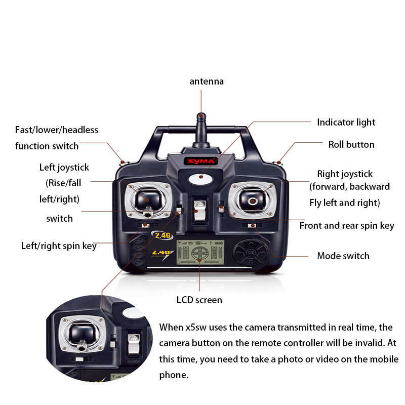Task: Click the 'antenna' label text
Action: pos(207,82)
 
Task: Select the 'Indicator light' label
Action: pos(346,122)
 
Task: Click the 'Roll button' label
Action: pos(351,144)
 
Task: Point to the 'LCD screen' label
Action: pos(199,300)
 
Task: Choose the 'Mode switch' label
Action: pos(343,256)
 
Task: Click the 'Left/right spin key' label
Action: pos(59,246)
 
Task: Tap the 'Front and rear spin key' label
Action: pos(347,225)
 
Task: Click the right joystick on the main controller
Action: pos(253,199)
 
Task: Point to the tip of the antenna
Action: pos(201,116)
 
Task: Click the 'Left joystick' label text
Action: pos(64,167)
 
